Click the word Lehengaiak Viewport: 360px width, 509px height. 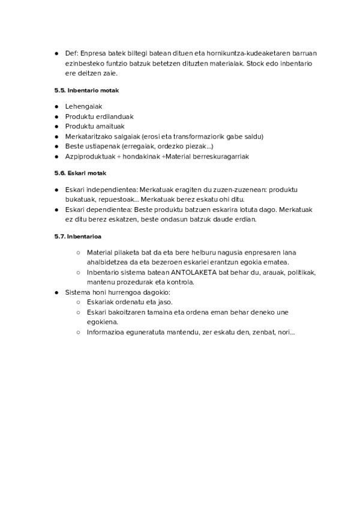[83, 106]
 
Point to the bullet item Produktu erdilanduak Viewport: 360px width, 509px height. [99, 116]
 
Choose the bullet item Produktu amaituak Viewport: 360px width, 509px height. [95, 127]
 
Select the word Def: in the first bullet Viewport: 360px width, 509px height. [71, 53]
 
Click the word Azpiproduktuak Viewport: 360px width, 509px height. [91, 157]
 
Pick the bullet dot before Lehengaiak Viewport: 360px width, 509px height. [56, 107]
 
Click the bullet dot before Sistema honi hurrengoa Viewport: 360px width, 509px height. [56, 292]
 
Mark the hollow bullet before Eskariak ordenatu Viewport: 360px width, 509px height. [78, 303]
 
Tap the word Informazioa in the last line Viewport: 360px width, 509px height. [107, 333]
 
